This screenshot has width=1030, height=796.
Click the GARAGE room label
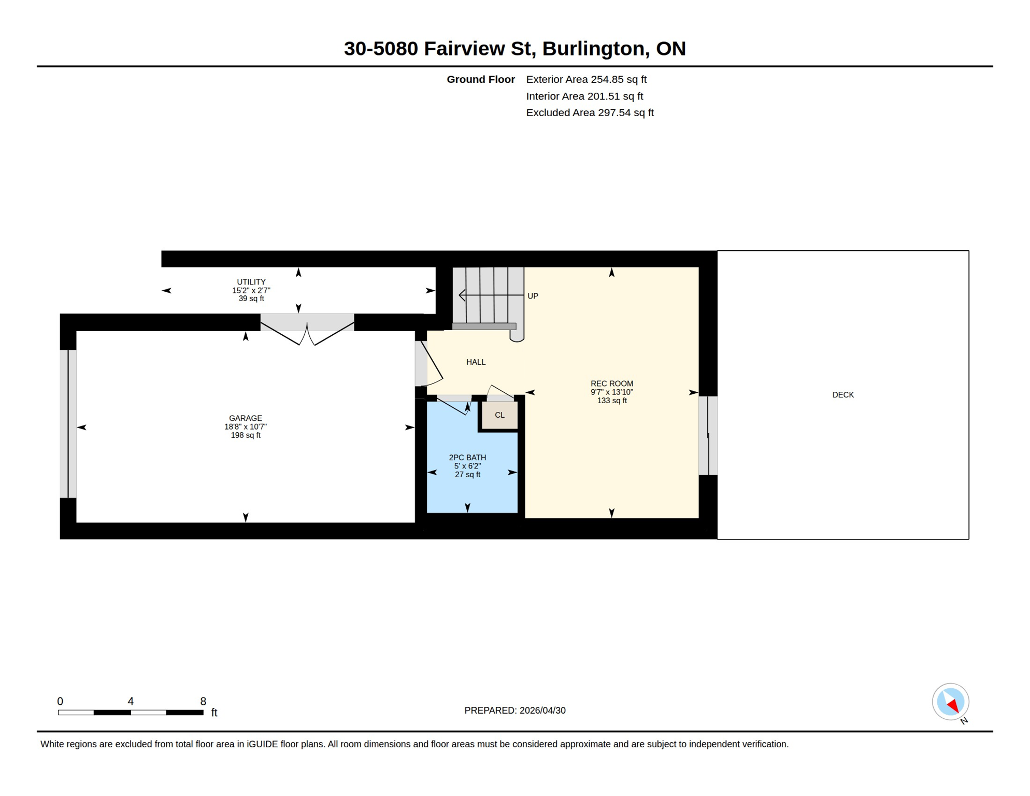(246, 418)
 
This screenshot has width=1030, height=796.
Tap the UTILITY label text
(251, 282)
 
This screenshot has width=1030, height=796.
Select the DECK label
(843, 395)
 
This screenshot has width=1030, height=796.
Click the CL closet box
(499, 415)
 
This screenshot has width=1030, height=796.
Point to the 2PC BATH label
(467, 458)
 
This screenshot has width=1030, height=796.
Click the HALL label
(476, 362)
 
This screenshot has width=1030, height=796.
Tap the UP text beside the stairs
(533, 296)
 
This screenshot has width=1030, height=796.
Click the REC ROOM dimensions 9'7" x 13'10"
(612, 392)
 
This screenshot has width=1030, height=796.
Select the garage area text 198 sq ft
(246, 435)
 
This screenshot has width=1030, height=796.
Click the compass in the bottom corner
(951, 702)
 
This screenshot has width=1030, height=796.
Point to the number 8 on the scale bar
(203, 701)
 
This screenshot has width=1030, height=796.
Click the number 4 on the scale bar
(131, 701)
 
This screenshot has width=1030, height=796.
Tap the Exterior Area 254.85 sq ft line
(586, 79)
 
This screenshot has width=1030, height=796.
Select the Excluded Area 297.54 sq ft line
(590, 112)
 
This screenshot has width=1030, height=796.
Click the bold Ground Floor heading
(480, 79)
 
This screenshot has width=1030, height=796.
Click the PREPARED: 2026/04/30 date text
(514, 710)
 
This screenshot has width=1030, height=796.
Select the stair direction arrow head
(461, 295)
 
